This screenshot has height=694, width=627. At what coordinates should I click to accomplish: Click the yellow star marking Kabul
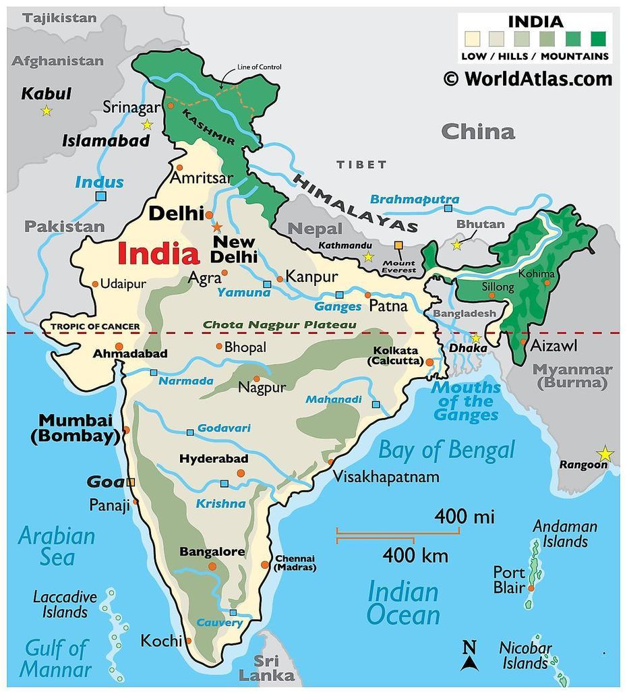pyautogui.click(x=46, y=111)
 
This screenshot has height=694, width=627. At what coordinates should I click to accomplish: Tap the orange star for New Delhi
pyautogui.click(x=217, y=227)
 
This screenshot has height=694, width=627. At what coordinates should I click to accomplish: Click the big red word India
pyautogui.click(x=158, y=255)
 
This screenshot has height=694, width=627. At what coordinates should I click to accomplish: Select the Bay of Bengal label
pyautogui.click(x=446, y=451)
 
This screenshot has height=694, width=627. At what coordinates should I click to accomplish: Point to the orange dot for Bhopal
pyautogui.click(x=219, y=346)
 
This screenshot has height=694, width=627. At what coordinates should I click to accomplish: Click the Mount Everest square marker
pyautogui.click(x=398, y=245)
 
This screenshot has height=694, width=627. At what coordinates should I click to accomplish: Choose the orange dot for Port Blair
pyautogui.click(x=531, y=588)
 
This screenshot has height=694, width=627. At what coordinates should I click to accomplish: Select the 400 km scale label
pyautogui.click(x=415, y=556)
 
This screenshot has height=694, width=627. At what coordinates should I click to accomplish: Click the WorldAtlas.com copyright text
pyautogui.click(x=528, y=79)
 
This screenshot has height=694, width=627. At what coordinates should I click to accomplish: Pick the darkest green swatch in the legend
pyautogui.click(x=598, y=38)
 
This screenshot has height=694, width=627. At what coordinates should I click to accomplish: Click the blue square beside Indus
pyautogui.click(x=101, y=196)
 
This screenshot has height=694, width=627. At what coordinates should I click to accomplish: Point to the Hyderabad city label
pyautogui.click(x=214, y=459)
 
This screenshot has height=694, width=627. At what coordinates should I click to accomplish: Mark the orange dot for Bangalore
pyautogui.click(x=212, y=567)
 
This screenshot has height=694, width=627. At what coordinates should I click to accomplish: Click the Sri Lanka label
pyautogui.click(x=276, y=668)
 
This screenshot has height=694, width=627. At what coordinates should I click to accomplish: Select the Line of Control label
pyautogui.click(x=260, y=67)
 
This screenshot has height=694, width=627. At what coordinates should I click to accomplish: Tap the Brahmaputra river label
pyautogui.click(x=415, y=200)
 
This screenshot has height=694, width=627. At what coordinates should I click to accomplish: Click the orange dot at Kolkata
pyautogui.click(x=429, y=362)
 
